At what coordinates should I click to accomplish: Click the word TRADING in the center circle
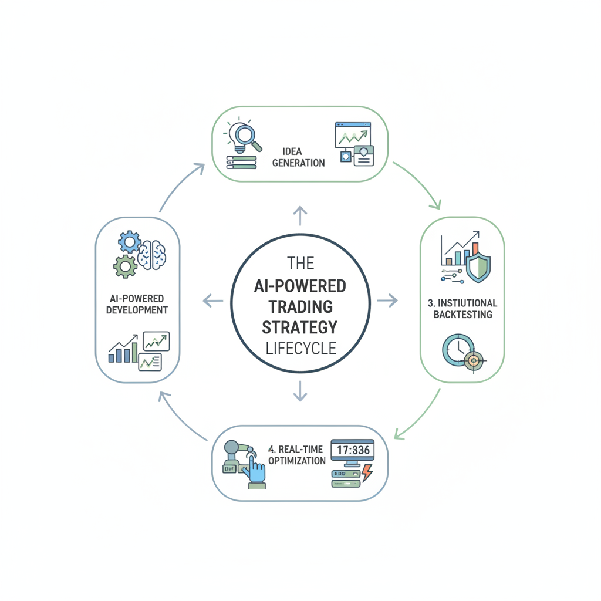pos(300,306)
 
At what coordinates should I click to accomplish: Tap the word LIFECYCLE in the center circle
pos(301,348)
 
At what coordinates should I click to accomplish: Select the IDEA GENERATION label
pos(298,157)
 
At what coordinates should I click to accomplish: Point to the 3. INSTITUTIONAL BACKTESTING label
pos(462,309)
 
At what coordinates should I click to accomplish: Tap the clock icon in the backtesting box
pos(458,350)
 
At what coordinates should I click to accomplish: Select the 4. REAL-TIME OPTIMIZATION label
pos(296,455)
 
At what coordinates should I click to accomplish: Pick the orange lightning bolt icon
pos(367,472)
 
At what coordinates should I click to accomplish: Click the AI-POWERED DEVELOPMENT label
pos(137,304)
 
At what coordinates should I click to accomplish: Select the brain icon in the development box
pos(152,255)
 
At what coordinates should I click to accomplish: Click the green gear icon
pos(126,266)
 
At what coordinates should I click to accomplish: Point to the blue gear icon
pos(130,242)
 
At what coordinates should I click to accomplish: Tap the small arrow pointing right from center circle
pos(387,300)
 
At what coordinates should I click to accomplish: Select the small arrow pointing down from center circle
pos(300,391)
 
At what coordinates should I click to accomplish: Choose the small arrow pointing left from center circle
pos(212,300)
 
